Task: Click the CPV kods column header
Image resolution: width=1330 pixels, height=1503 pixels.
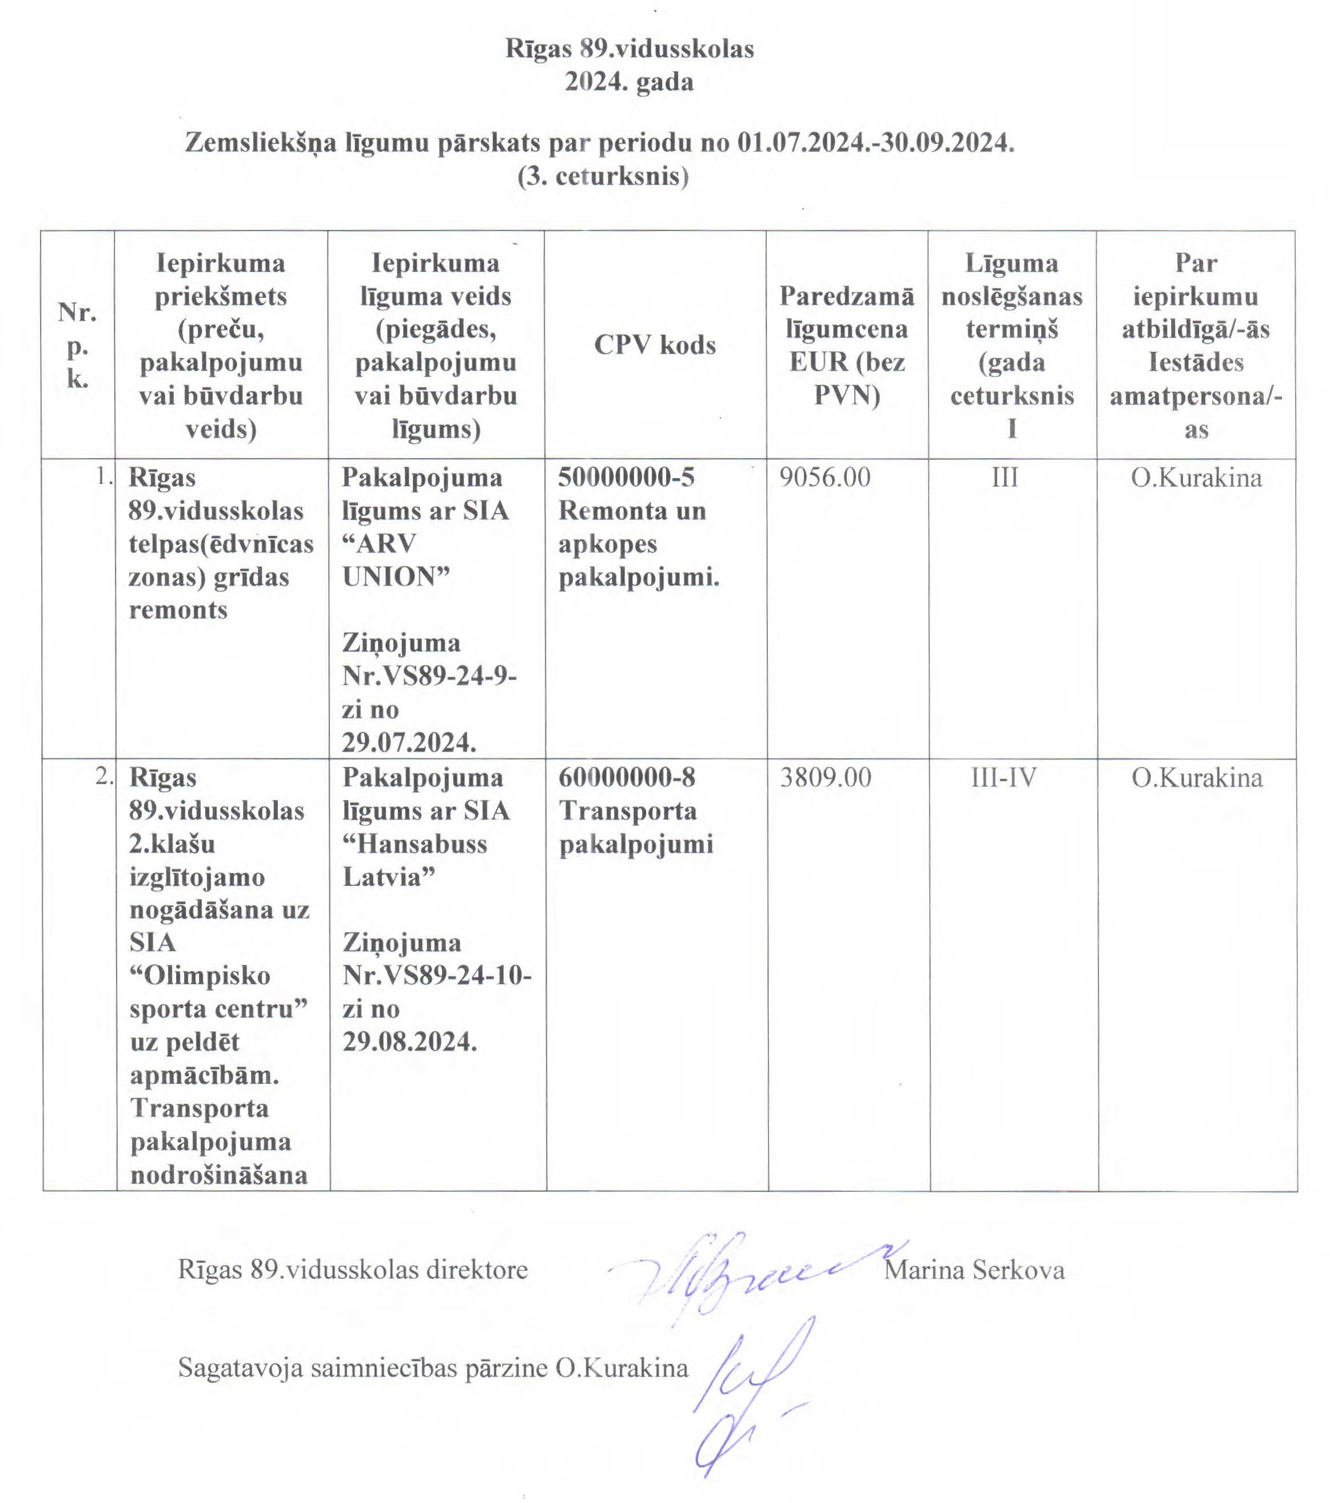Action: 654,344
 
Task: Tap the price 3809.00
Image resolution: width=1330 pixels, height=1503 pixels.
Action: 825,777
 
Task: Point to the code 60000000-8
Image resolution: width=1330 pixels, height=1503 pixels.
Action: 626,777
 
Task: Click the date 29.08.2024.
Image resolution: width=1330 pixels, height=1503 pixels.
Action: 409,1041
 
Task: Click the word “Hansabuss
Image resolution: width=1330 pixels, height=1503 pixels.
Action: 415,844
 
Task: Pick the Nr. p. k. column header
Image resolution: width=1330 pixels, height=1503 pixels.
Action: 77,345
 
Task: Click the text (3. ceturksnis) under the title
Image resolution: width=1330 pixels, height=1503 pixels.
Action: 603,177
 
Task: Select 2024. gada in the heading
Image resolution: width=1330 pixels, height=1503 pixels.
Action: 628,82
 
